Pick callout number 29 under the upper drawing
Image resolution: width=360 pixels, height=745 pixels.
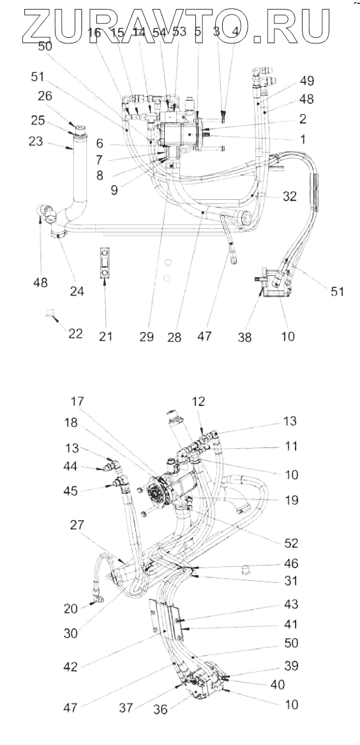pos(147,336)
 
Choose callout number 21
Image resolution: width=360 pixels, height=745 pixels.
pos(106,336)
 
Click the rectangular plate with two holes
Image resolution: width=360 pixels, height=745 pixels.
pos(105,262)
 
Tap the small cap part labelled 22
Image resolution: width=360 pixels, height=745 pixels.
pos(49,313)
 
